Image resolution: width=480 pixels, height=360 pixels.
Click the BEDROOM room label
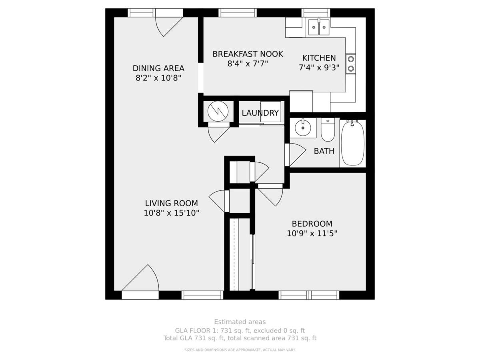point(312,224)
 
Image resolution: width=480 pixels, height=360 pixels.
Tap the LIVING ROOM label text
point(172,203)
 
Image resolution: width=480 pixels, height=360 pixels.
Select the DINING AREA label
point(158,68)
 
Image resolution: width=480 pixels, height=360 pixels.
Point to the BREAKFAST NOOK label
point(248,54)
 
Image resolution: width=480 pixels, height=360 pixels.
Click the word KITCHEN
point(319,58)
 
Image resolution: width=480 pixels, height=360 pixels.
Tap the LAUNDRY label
point(260,113)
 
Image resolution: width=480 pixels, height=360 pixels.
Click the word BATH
point(324,151)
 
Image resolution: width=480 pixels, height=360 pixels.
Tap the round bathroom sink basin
point(303,128)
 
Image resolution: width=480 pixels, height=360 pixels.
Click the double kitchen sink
point(319,27)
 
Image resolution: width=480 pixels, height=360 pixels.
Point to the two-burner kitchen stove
point(350,64)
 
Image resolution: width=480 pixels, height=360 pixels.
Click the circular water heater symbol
point(218,111)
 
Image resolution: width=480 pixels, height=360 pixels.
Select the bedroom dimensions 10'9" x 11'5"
point(312,234)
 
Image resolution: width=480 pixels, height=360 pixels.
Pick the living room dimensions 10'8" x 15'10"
point(172,213)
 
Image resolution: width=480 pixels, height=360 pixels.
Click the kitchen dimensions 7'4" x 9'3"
point(319,68)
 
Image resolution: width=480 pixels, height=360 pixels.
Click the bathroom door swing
point(298,154)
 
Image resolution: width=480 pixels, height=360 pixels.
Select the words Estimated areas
point(240,322)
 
